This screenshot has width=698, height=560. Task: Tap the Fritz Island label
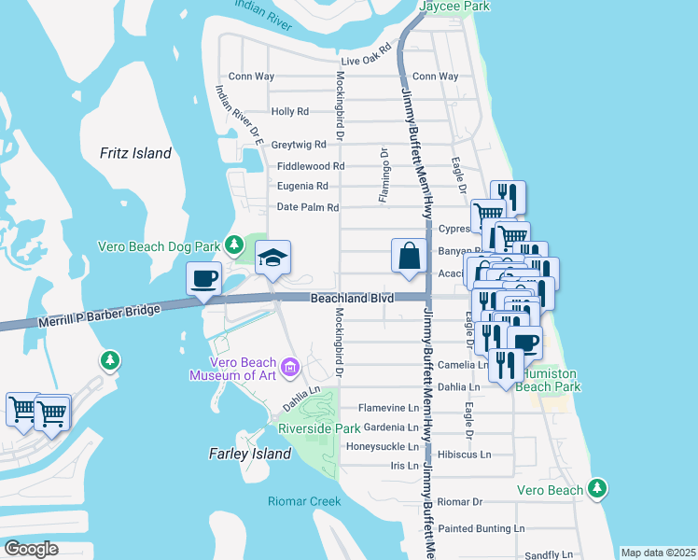136,153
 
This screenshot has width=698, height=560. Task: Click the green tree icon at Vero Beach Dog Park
236,246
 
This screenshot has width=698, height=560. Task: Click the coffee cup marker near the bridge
203,278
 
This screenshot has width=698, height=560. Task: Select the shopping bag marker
409,255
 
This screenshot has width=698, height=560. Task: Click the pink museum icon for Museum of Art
289,369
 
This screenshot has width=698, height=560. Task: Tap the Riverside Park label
319,428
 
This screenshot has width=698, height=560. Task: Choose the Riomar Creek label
304,501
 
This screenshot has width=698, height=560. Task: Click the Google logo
32,548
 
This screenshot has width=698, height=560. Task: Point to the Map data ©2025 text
657,553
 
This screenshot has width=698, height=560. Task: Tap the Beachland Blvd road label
350,297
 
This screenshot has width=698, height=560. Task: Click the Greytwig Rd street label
299,145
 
